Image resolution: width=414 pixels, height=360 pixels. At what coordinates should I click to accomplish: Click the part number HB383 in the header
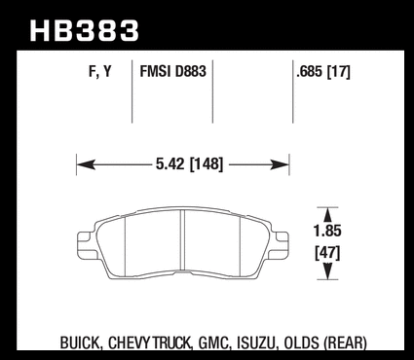(x=85, y=30)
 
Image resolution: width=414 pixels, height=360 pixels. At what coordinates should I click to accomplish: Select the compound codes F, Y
(x=100, y=71)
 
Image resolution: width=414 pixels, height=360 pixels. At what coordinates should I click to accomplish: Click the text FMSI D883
(x=172, y=71)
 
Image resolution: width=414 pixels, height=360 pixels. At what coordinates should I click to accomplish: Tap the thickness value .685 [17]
(x=323, y=72)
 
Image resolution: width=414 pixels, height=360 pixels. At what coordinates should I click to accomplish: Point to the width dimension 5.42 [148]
(x=190, y=163)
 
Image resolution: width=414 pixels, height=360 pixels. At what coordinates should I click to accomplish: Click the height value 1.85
(x=327, y=231)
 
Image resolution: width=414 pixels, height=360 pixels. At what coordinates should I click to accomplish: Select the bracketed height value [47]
(x=327, y=253)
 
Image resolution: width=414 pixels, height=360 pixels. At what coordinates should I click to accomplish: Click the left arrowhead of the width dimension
(x=86, y=164)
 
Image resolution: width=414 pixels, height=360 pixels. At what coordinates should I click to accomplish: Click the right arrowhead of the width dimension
(x=280, y=164)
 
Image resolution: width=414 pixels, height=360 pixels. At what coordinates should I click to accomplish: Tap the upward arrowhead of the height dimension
(x=328, y=215)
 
